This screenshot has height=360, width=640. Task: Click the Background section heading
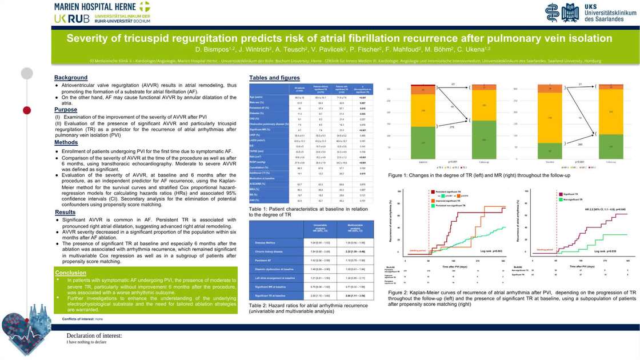click(71, 78)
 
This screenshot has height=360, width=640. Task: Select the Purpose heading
click(66, 110)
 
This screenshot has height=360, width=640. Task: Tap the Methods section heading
click(66, 142)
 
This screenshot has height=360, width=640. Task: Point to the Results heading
click(65, 213)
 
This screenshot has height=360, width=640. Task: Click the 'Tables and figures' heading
click(274, 78)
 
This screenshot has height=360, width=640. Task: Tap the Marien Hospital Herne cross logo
click(144, 7)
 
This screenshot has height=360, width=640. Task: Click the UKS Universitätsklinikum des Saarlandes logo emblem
click(562, 12)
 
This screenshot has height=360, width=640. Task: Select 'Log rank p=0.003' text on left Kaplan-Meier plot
click(490, 251)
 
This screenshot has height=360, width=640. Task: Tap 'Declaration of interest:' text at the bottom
click(94, 336)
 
